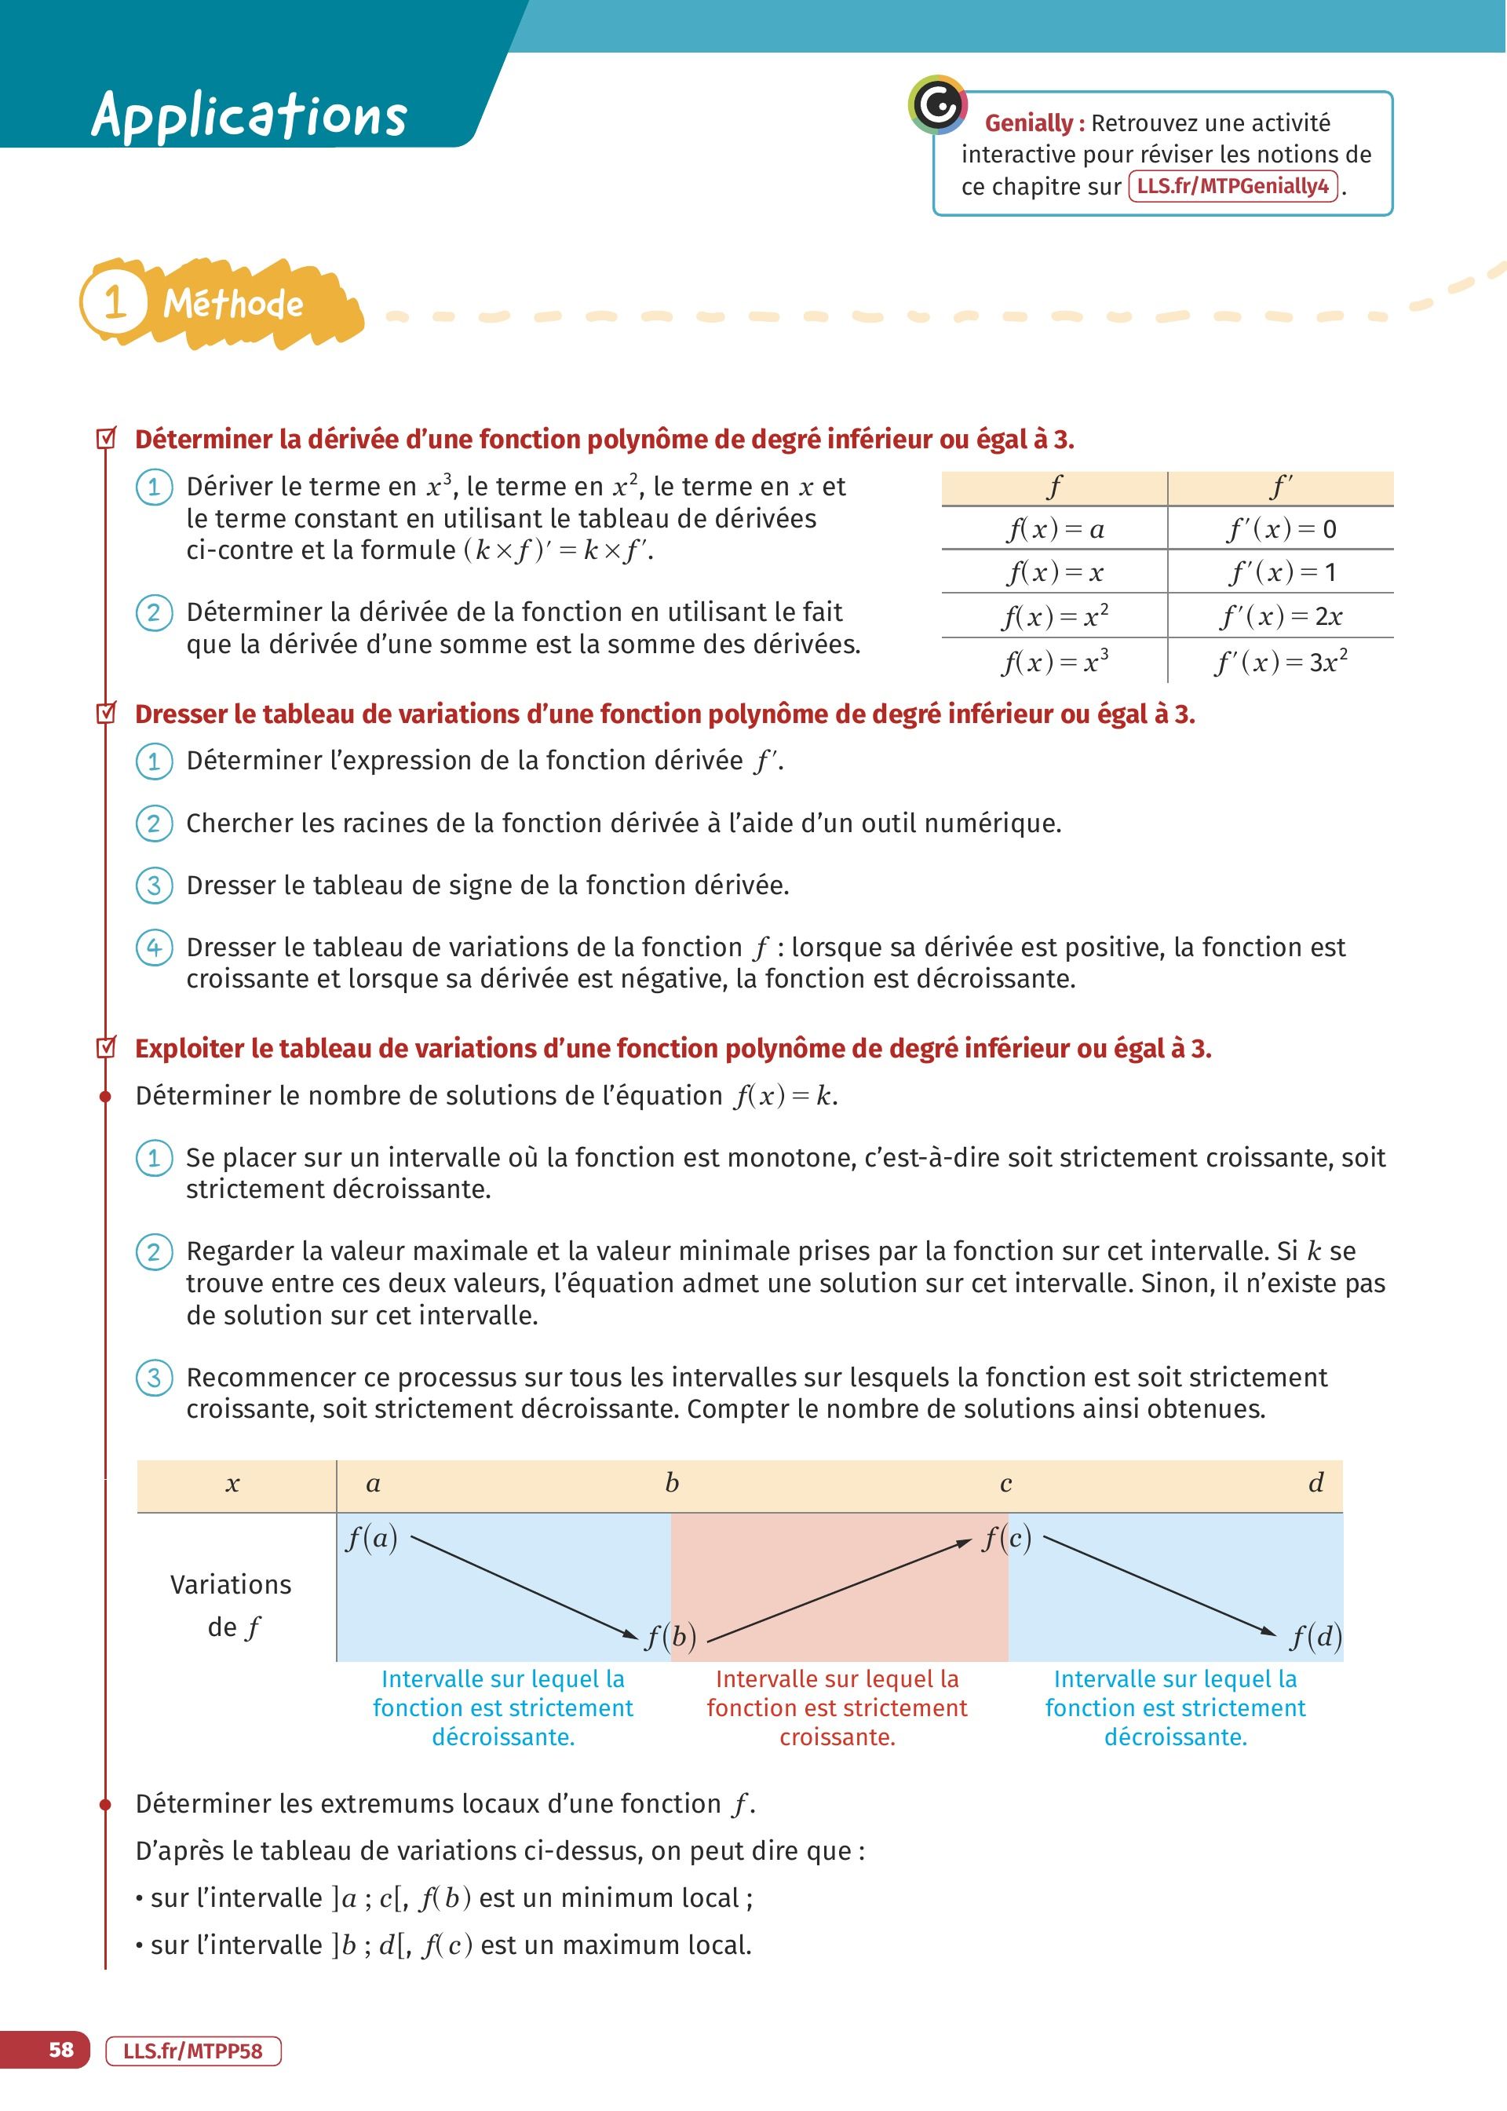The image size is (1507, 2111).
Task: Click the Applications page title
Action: [249, 115]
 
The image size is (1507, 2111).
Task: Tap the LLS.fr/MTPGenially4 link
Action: [1232, 187]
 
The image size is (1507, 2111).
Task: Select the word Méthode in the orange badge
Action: [233, 304]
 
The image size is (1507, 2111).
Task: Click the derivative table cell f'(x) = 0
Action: [1281, 529]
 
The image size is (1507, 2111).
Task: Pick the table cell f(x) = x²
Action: [1054, 616]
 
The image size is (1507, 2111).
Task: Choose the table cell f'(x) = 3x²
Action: [1281, 662]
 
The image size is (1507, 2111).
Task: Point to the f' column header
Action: [1281, 486]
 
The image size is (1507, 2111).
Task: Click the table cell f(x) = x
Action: [1054, 572]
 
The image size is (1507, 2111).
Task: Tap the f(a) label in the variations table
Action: [371, 1539]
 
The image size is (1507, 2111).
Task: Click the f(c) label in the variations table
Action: [1007, 1539]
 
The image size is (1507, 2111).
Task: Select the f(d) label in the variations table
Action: [1315, 1637]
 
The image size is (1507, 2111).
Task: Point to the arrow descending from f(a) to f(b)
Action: [524, 1587]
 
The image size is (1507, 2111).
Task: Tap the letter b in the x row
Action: [672, 1483]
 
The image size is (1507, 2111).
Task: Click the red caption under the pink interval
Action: [837, 1707]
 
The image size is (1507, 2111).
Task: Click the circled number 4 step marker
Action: [154, 948]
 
